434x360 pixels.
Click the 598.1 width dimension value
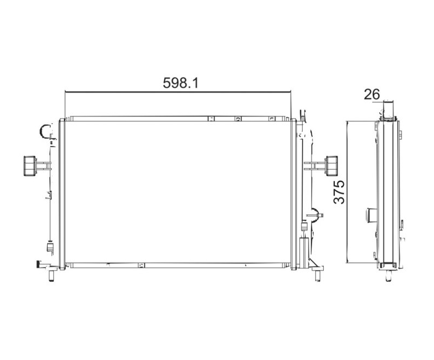click(x=181, y=83)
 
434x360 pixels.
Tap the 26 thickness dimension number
click(x=372, y=94)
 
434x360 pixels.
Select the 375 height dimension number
click(x=339, y=192)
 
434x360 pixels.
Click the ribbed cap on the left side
click(x=30, y=166)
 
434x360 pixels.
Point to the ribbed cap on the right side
click(x=331, y=166)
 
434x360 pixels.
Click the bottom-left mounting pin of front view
click(x=51, y=276)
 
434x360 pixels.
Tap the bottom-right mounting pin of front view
click(x=318, y=276)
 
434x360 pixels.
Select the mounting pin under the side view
click(x=388, y=276)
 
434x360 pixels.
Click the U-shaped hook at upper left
click(x=44, y=130)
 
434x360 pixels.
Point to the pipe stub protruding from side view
click(x=372, y=215)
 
